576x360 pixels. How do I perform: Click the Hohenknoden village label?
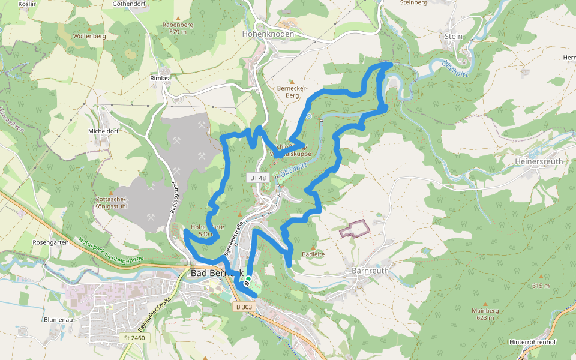[x=268, y=34]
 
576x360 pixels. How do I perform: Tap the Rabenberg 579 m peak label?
[x=178, y=28]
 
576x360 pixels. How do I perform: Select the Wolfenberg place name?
[x=89, y=36]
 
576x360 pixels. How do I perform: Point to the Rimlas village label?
[x=160, y=79]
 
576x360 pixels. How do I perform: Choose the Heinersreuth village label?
[x=539, y=162]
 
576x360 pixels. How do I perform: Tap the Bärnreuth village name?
[x=370, y=271]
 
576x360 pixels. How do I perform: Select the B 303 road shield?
[x=244, y=307]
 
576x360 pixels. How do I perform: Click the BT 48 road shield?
[x=257, y=178]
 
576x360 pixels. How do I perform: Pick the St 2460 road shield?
[x=134, y=338]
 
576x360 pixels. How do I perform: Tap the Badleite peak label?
[x=313, y=254]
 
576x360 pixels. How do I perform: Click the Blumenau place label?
[x=58, y=320]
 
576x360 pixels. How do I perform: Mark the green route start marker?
[x=248, y=280]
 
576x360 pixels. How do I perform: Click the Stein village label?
[x=454, y=36]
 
